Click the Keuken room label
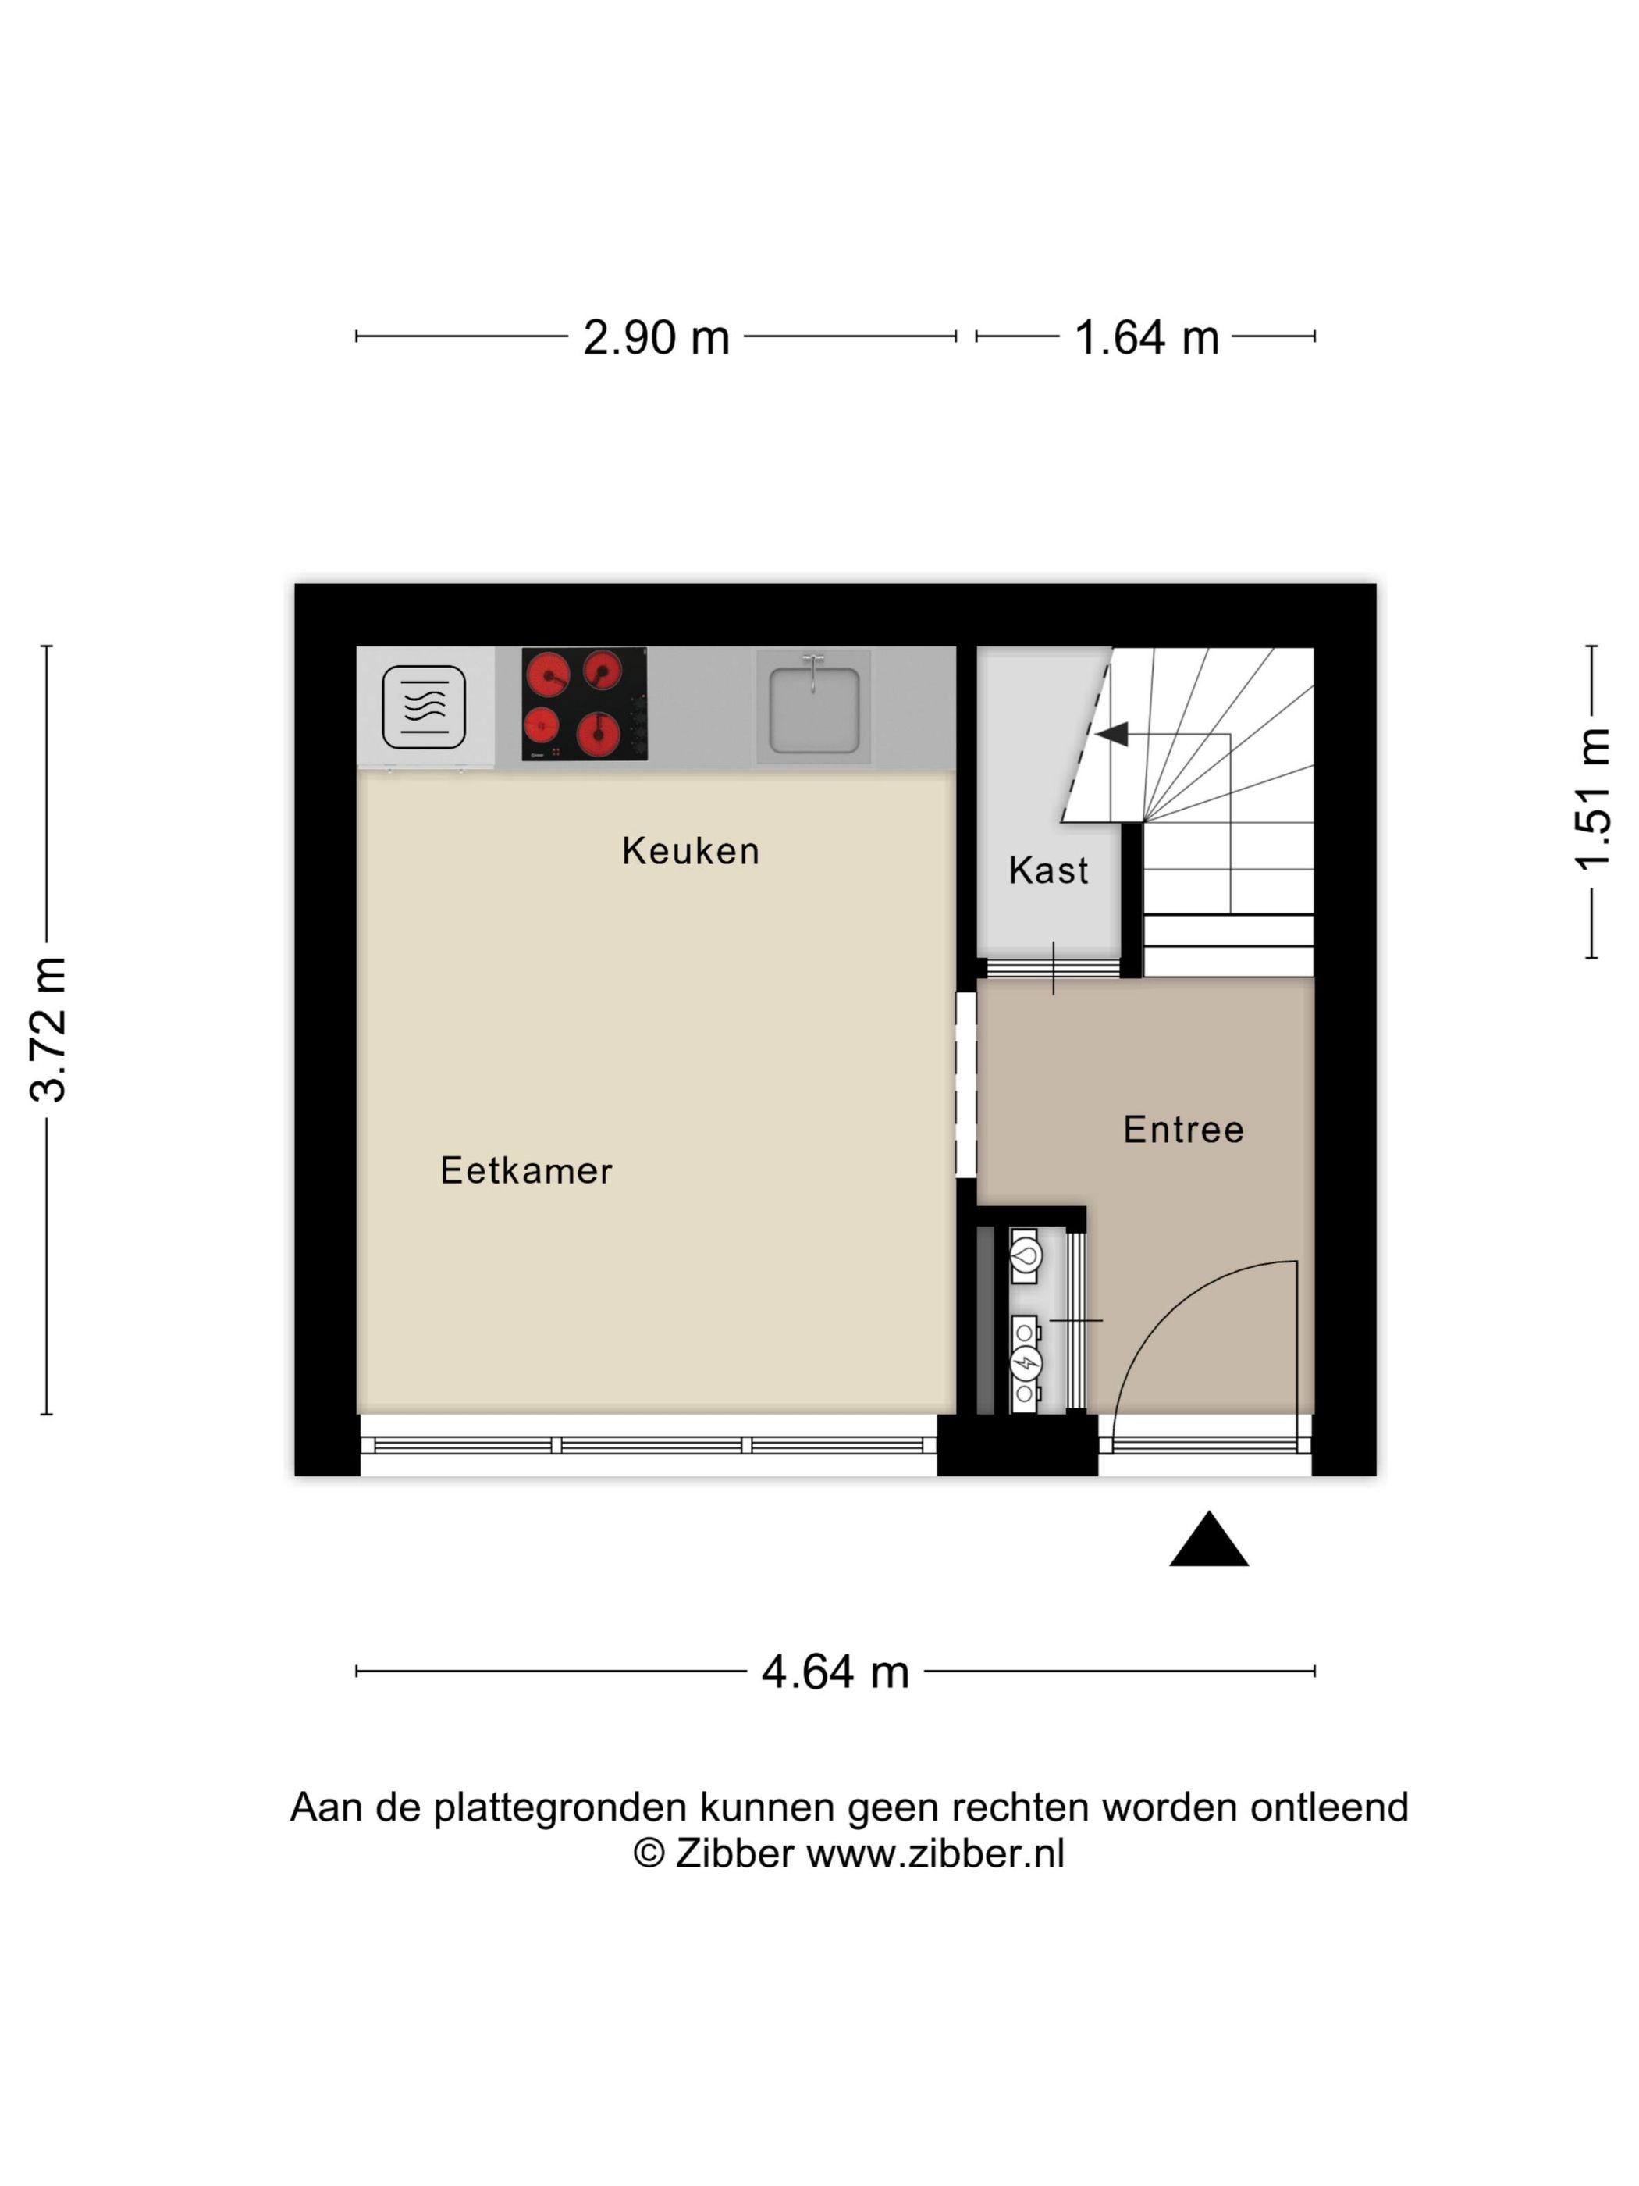pyautogui.click(x=690, y=851)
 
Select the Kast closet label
pyautogui.click(x=1047, y=870)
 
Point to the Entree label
pyautogui.click(x=1182, y=1130)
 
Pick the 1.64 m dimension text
pyautogui.click(x=1145, y=338)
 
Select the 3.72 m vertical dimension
pyautogui.click(x=48, y=1029)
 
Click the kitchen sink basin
pyautogui.click(x=813, y=707)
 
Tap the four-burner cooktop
pyautogui.click(x=584, y=703)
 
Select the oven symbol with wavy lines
pyautogui.click(x=424, y=707)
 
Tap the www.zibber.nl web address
pyautogui.click(x=934, y=1854)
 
